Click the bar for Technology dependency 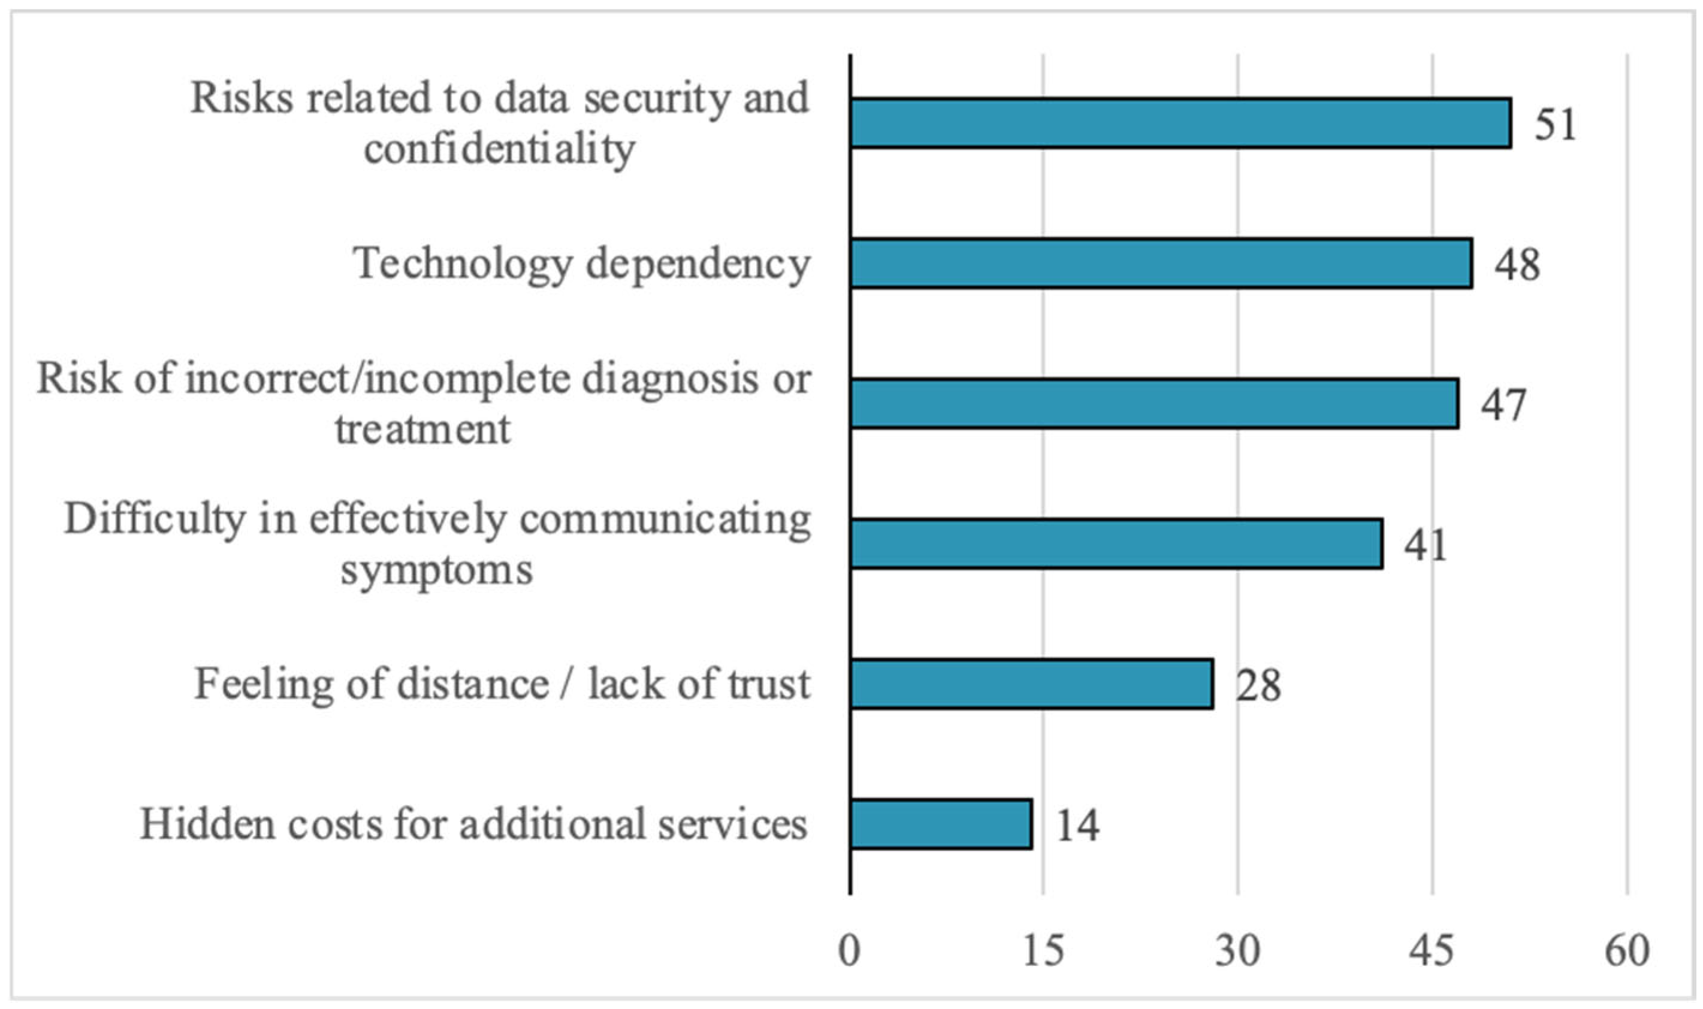click(x=1161, y=263)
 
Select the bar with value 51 click(x=1180, y=123)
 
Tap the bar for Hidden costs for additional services click(x=941, y=824)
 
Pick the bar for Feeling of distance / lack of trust click(x=1031, y=684)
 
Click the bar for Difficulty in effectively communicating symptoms click(x=1116, y=544)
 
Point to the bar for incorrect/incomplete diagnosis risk click(x=1154, y=404)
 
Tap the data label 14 click(x=1077, y=826)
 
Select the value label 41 click(x=1426, y=545)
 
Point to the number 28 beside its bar click(x=1258, y=685)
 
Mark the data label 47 click(x=1503, y=404)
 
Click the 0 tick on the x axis click(x=849, y=950)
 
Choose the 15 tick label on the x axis click(x=1043, y=950)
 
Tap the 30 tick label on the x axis click(x=1237, y=950)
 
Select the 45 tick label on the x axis click(x=1432, y=950)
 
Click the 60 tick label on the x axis click(x=1627, y=950)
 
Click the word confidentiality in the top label click(x=499, y=149)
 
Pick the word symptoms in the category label click(x=436, y=570)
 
